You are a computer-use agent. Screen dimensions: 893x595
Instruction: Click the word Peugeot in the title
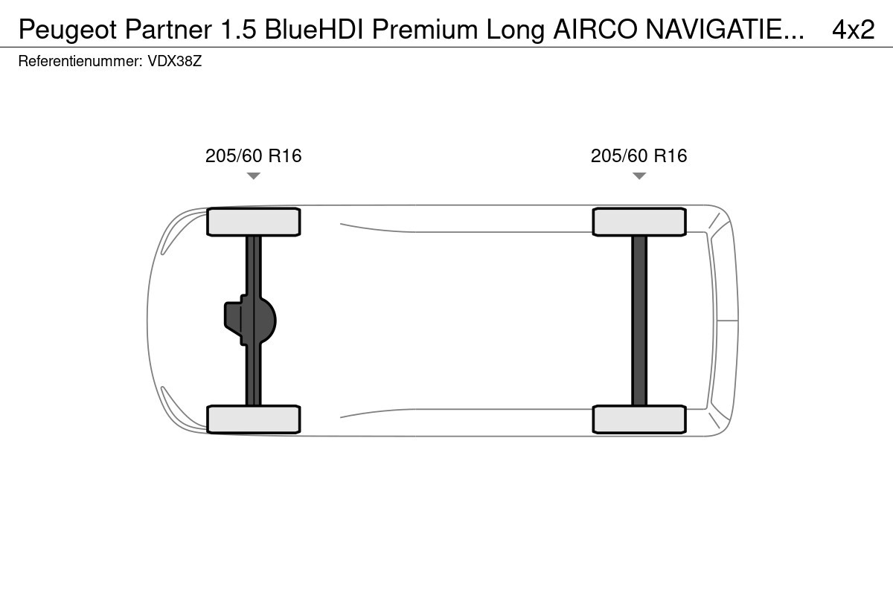(x=68, y=30)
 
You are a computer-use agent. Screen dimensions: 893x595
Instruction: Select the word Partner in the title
(x=168, y=30)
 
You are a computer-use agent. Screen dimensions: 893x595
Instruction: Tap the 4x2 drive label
(x=853, y=30)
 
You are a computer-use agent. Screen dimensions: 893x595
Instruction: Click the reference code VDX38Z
(x=175, y=62)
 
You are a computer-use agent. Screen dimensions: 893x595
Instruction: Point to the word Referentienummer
(x=80, y=62)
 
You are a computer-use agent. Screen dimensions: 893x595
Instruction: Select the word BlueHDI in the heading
(x=314, y=30)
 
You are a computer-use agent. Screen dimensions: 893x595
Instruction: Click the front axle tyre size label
(x=254, y=156)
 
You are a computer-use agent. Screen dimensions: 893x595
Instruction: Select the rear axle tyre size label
(x=639, y=156)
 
